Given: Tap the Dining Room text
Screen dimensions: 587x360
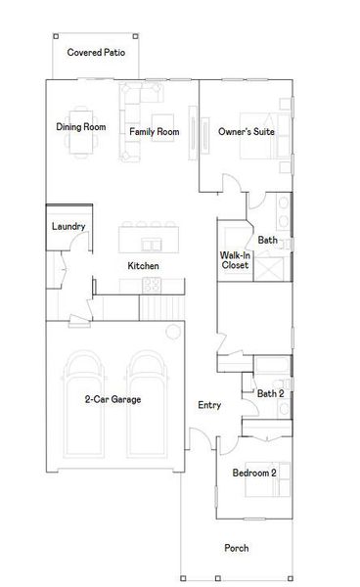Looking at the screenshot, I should click(80, 127).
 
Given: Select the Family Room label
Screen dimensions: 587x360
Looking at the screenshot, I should click(154, 131).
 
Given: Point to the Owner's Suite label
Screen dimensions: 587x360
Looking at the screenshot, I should click(246, 131).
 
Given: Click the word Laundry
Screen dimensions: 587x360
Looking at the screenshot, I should click(68, 227).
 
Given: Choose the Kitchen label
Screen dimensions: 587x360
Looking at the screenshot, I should click(143, 266).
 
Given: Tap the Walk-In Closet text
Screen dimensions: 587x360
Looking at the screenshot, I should click(235, 260).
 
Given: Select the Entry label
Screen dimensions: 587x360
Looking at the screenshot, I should click(208, 405).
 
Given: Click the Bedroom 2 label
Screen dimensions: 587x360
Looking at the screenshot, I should click(253, 473).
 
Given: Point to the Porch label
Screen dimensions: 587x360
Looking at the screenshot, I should click(236, 548).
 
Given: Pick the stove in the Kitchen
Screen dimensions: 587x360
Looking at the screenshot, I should click(152, 285).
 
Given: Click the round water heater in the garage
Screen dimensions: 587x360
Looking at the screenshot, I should click(175, 329).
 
